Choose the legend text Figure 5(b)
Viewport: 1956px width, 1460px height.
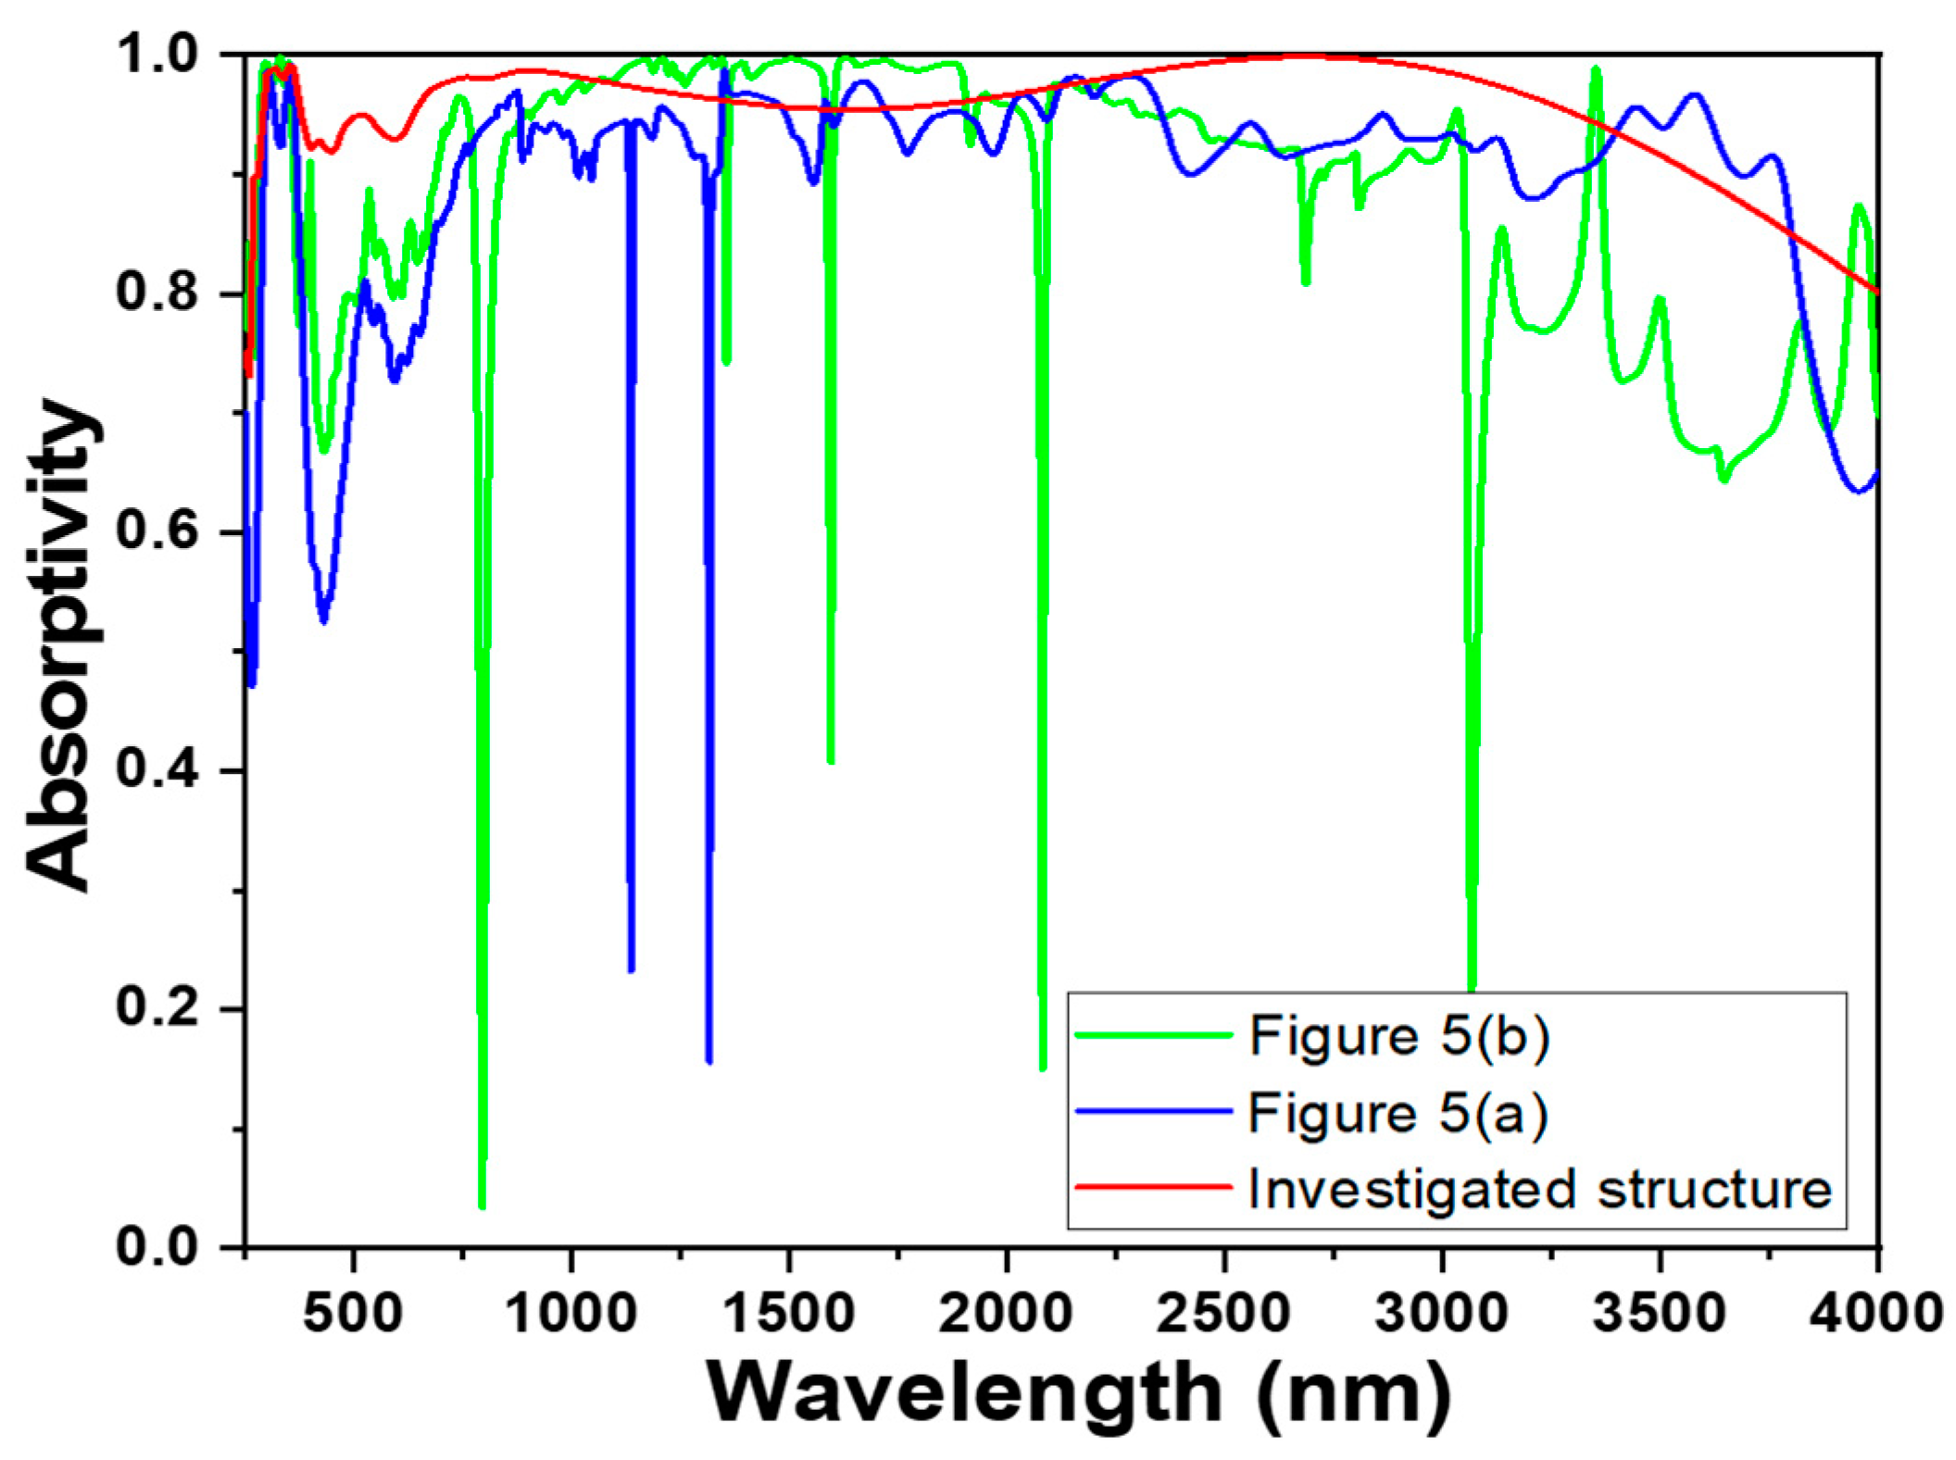coord(1398,1035)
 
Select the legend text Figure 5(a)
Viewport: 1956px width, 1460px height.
coord(1398,1112)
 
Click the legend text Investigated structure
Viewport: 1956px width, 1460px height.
coord(1539,1189)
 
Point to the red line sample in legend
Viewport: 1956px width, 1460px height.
coord(1153,1187)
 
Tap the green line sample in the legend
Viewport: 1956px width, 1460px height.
coord(1153,1034)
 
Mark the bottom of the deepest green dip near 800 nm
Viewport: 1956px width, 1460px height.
coord(482,1205)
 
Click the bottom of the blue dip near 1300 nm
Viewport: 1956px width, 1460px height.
coord(708,1061)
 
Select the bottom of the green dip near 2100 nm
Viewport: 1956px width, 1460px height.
coord(1043,1068)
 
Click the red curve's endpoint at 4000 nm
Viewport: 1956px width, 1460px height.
coord(1876,292)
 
